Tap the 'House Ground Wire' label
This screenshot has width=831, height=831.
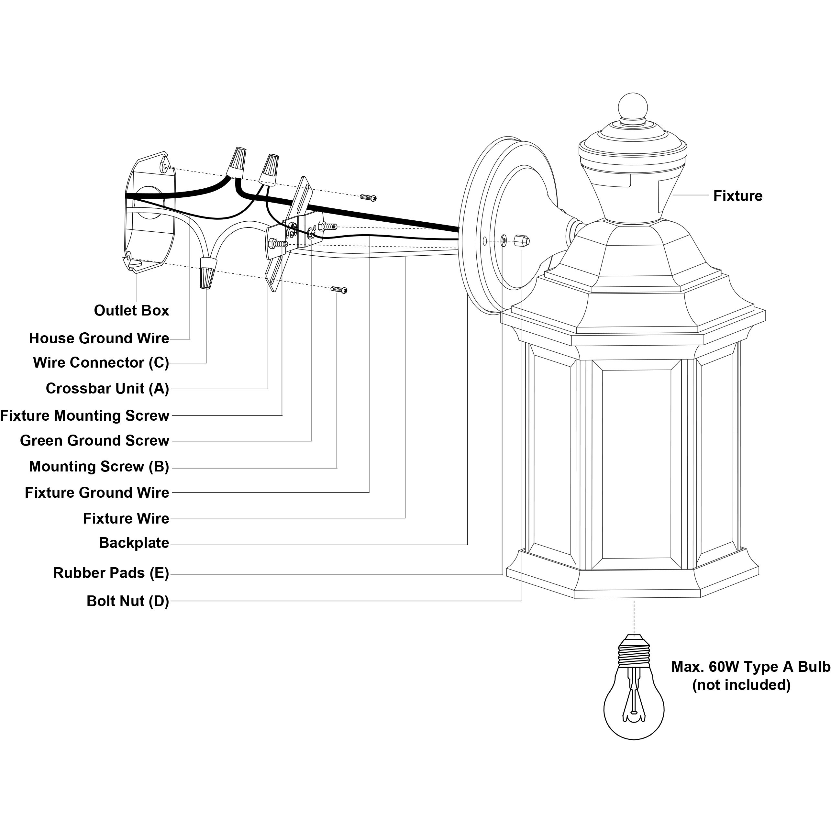pyautogui.click(x=99, y=338)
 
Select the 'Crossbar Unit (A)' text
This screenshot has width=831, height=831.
pyautogui.click(x=107, y=389)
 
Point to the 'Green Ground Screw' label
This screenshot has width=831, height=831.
pyautogui.click(x=94, y=441)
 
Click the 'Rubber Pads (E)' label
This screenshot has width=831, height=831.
pyautogui.click(x=111, y=573)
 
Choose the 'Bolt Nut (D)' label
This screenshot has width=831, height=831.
pyautogui.click(x=128, y=601)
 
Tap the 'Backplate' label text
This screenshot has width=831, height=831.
pyautogui.click(x=134, y=543)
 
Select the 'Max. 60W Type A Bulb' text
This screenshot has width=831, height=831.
pyautogui.click(x=750, y=667)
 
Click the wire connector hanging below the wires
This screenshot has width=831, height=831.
pyautogui.click(x=208, y=273)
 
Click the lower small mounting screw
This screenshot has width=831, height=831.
pyautogui.click(x=339, y=290)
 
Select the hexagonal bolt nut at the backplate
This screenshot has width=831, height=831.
pyautogui.click(x=521, y=240)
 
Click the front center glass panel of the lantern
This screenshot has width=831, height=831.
pyautogui.click(x=636, y=465)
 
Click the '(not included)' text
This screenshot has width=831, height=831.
pyautogui.click(x=741, y=685)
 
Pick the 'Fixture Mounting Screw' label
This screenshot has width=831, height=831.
pyautogui.click(x=85, y=416)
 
